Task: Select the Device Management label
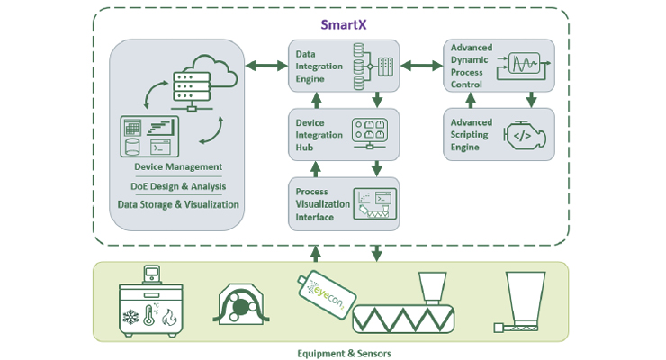[x=178, y=166]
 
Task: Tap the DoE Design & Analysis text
[x=178, y=186]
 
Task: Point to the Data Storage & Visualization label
[x=178, y=204]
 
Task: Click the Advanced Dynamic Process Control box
[x=499, y=65]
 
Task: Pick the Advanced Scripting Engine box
[x=499, y=134]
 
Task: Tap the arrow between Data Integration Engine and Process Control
[x=421, y=66]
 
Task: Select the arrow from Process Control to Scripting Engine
[x=532, y=98]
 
